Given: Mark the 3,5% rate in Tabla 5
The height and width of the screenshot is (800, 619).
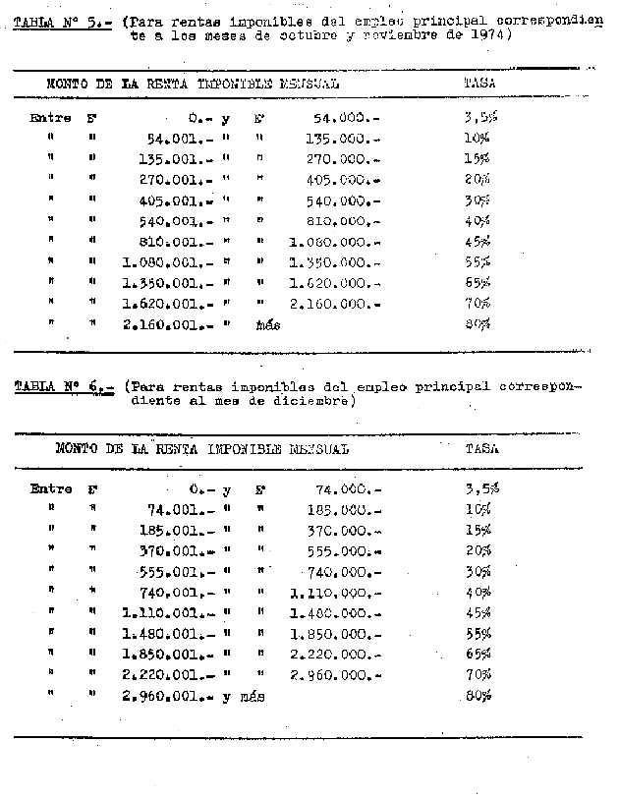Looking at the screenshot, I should [479, 118].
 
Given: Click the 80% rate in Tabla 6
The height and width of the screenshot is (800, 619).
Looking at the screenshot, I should [478, 697].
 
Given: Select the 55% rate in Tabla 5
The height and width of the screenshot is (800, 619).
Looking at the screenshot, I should [478, 263].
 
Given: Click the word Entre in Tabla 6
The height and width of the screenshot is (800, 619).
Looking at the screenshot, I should [50, 487].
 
